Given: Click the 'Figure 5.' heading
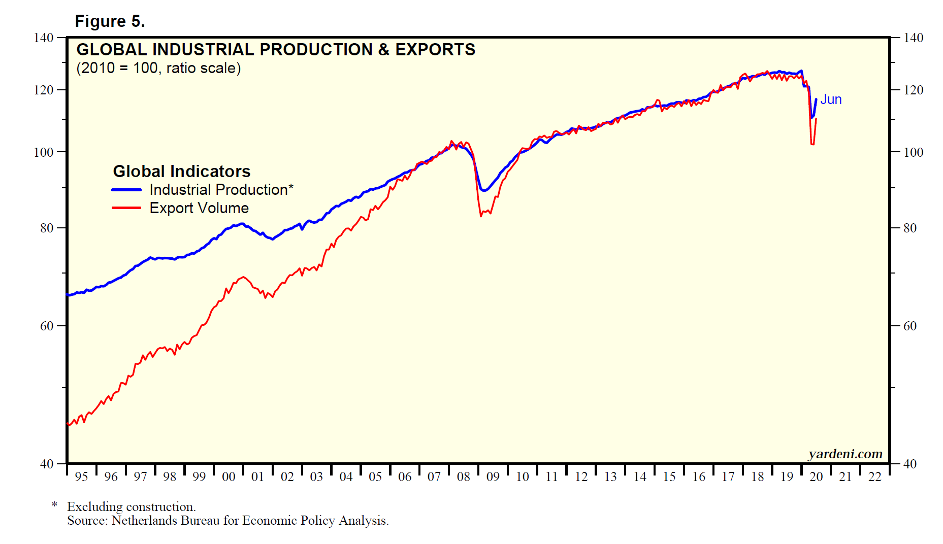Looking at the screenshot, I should (x=110, y=21).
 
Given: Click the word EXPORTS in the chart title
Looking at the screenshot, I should (x=435, y=50).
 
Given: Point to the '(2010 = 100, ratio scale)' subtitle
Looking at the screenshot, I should (x=158, y=68).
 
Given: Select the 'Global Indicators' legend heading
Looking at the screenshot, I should (x=181, y=172).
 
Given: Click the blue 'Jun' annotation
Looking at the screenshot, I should (x=831, y=99).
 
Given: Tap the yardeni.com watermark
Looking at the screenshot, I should (x=845, y=454).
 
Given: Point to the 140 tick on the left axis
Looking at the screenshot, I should (x=44, y=38).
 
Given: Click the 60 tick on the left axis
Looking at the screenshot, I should (x=47, y=326).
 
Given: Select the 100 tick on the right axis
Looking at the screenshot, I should (x=913, y=152).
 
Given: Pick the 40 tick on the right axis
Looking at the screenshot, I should (x=910, y=464).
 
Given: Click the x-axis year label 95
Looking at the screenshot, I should (x=81, y=477).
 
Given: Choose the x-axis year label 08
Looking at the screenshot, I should (x=464, y=477).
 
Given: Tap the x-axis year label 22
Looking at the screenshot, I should (x=875, y=477).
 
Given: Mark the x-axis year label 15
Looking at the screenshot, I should (x=669, y=477).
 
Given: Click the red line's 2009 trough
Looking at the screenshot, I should (x=481, y=216).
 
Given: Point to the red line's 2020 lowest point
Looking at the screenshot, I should (x=812, y=145).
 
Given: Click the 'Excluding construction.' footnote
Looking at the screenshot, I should (x=131, y=506).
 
